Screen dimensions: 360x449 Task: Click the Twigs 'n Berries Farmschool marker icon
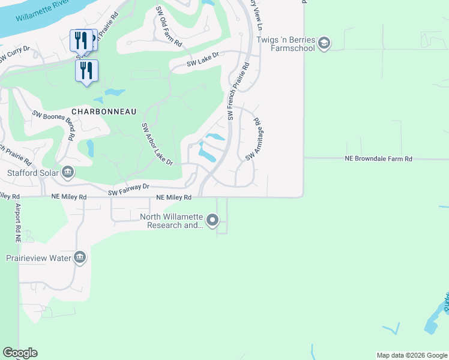(324, 44)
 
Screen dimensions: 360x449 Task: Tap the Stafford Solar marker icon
(68, 173)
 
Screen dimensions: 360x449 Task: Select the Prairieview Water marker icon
(80, 258)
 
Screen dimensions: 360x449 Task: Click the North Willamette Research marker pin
(212, 221)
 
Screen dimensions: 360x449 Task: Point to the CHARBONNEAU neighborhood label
(104, 112)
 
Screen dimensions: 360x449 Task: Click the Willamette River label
(41, 14)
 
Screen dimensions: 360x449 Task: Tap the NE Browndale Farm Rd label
(378, 159)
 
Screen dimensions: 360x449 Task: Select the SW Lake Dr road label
(203, 62)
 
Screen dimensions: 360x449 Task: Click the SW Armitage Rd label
(253, 139)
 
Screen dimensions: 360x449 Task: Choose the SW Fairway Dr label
(128, 190)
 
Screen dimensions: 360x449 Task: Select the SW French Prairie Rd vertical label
(237, 93)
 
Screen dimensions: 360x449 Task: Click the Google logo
(20, 353)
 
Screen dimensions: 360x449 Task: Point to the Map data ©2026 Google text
(411, 355)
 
